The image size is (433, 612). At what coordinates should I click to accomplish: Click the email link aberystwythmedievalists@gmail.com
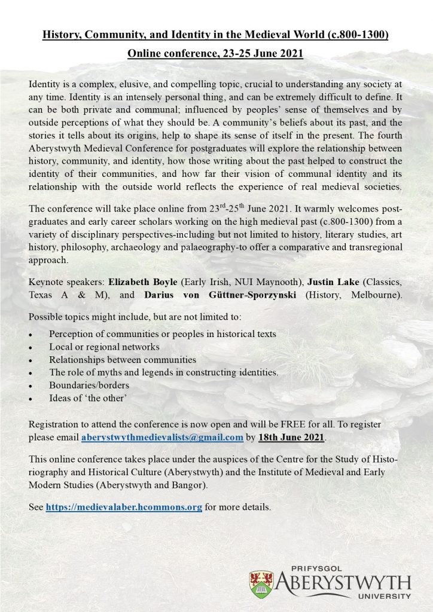pos(161,437)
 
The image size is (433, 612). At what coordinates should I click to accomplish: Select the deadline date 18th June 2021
pos(291,437)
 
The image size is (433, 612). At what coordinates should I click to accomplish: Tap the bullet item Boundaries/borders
pos(89,385)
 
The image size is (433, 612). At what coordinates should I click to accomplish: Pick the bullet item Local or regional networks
pos(105,347)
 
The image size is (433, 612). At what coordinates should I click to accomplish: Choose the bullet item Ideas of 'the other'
pos(88,397)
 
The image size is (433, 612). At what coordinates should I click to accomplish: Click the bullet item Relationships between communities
pos(123,360)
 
